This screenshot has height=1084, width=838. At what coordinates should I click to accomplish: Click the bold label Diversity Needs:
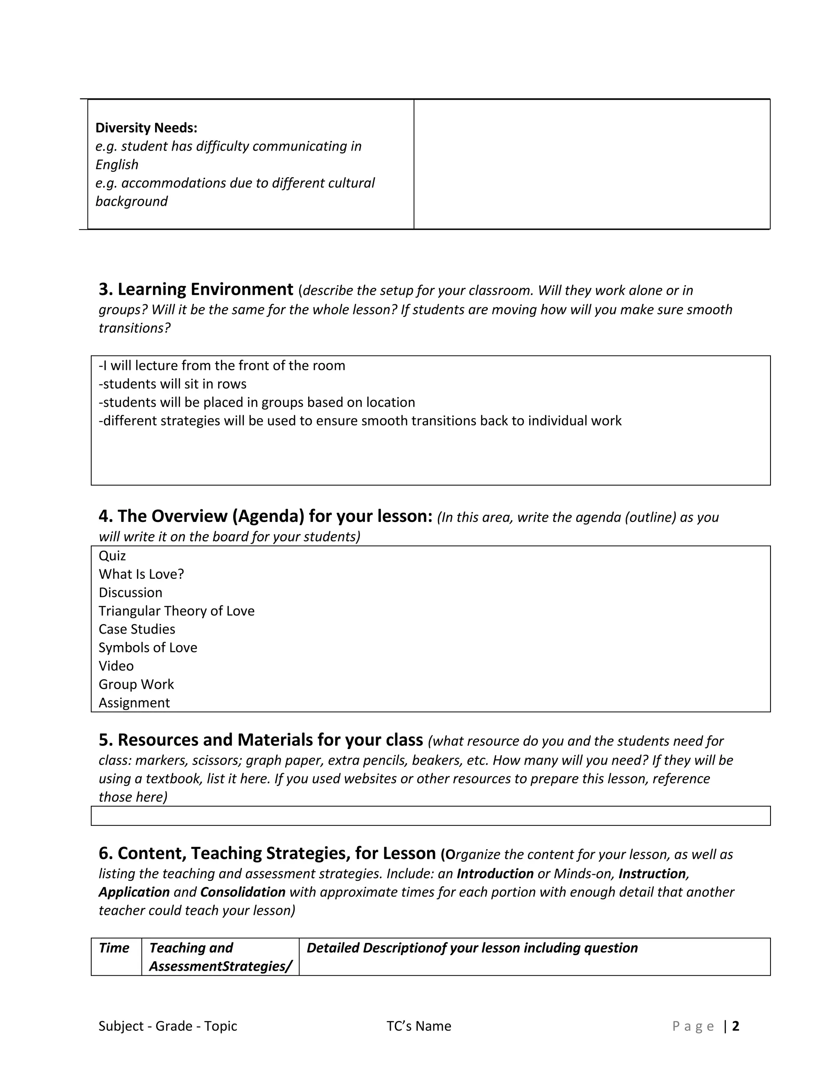146,128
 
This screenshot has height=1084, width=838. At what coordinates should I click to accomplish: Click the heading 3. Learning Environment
196,289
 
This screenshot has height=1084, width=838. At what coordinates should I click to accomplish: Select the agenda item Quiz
112,556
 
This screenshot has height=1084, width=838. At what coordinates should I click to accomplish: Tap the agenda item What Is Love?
141,574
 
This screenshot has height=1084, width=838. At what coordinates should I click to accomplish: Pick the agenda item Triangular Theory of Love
176,611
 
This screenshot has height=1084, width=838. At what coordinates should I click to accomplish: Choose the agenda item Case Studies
137,630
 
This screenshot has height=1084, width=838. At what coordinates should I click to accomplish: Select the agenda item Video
116,666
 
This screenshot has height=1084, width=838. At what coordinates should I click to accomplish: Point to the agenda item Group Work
136,684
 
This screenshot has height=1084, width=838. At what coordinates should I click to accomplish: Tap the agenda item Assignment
134,703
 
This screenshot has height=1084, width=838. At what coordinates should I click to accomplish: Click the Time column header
114,948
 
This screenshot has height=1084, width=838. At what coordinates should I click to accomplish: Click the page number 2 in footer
736,1026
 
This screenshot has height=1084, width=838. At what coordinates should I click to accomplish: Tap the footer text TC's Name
419,1026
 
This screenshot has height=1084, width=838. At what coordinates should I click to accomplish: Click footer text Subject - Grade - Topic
168,1026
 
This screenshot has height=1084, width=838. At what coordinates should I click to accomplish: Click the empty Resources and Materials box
430,816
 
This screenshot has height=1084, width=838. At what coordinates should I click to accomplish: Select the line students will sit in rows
172,384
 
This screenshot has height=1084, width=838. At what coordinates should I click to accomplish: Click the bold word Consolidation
243,892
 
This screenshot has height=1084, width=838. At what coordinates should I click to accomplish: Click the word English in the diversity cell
117,165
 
